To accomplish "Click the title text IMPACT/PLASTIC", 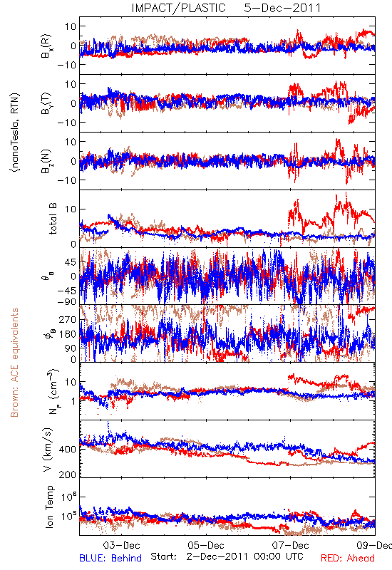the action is click(x=179, y=8).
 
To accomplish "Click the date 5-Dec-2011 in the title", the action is click(x=282, y=8).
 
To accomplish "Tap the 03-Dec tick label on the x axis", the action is click(x=121, y=546).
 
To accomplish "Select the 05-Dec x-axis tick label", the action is click(x=206, y=546).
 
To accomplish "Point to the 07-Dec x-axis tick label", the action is click(x=290, y=546).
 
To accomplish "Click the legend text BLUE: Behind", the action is click(x=110, y=558).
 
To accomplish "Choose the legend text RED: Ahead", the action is click(x=348, y=558).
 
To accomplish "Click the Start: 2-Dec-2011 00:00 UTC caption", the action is click(x=227, y=556).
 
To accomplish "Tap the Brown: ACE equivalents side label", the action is click(x=14, y=363).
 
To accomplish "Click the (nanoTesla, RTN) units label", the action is click(x=15, y=132).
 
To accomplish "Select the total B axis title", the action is click(x=53, y=219).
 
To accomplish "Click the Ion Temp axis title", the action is click(x=49, y=507).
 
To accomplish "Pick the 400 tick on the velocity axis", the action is click(x=68, y=450).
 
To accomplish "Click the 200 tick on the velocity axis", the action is click(x=68, y=475).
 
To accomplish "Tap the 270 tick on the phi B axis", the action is click(x=68, y=319).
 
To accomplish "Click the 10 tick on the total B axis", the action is click(x=71, y=209).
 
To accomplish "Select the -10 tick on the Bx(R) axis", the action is click(x=66, y=65).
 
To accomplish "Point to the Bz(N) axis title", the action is click(x=46, y=161).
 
